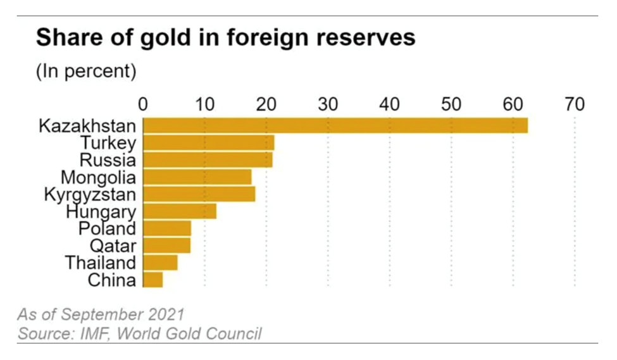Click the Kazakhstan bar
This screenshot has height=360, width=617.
(x=335, y=125)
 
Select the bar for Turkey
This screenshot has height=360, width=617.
(x=209, y=142)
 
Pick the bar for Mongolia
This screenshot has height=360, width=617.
(x=197, y=177)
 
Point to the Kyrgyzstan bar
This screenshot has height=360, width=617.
(x=199, y=194)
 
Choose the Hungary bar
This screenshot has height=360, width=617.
(x=180, y=211)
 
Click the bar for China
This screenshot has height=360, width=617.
(x=153, y=279)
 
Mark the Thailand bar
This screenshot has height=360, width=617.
(x=161, y=262)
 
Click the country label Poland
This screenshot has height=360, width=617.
(x=107, y=228)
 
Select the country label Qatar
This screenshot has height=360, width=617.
(x=113, y=245)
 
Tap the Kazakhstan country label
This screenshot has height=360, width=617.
(x=87, y=125)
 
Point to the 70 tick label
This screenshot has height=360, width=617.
(x=574, y=104)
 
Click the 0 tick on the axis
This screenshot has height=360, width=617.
(x=143, y=104)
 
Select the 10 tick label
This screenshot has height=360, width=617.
(x=204, y=104)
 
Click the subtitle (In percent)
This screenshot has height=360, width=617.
(x=86, y=71)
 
